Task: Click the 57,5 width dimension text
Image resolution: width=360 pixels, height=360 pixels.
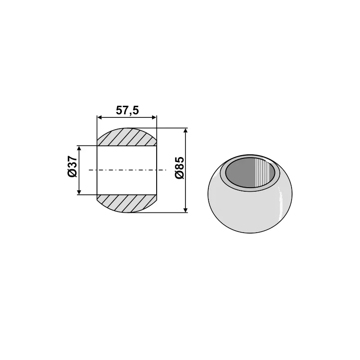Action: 127,110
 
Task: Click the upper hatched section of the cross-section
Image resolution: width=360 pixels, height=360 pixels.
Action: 127,137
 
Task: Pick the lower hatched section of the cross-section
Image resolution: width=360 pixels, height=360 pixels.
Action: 127,203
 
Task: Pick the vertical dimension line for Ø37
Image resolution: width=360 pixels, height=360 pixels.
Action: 79,180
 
